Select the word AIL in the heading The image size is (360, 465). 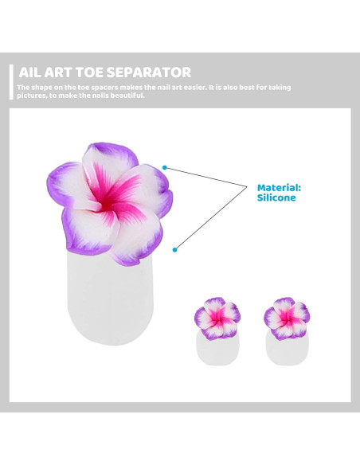click(x=29, y=72)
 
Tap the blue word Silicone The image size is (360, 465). click(x=277, y=197)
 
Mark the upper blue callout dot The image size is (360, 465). click(x=165, y=168)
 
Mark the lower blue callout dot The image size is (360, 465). click(x=174, y=248)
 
